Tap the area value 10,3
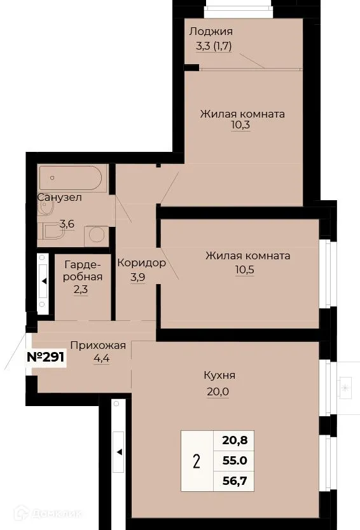[x=242, y=126]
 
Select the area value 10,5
[x=247, y=268]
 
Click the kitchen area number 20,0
[x=217, y=391]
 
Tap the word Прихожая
[x=98, y=345]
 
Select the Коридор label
[x=141, y=262]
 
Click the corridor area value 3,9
[x=138, y=277]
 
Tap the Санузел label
[x=59, y=197]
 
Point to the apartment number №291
[x=45, y=357]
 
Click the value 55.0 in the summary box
[x=234, y=459]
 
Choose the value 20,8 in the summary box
[x=234, y=438]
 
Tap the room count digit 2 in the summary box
[x=197, y=460]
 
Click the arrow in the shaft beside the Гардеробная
[x=44, y=280]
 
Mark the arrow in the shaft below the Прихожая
[x=118, y=452]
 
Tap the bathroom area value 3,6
[x=66, y=224]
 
